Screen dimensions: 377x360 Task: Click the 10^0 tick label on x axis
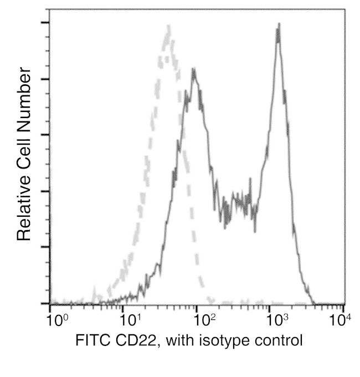tap(55, 320)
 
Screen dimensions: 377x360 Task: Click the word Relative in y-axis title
tap(23, 208)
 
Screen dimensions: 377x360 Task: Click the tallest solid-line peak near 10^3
tap(278, 24)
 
